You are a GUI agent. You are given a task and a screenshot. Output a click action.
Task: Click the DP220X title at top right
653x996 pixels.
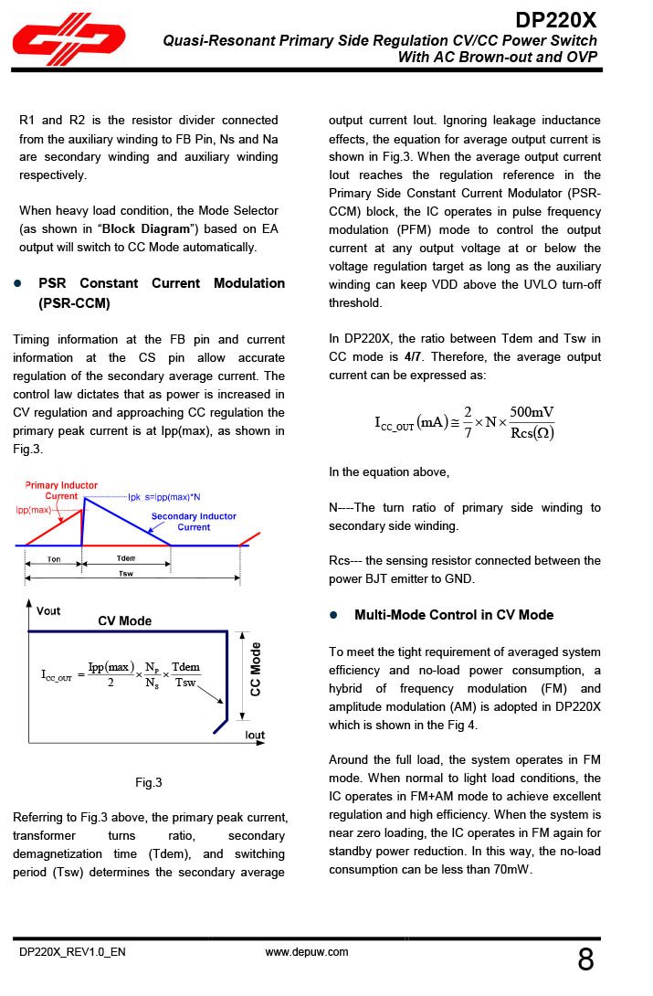point(556,19)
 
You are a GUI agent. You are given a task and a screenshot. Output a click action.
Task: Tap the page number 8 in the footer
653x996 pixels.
point(585,960)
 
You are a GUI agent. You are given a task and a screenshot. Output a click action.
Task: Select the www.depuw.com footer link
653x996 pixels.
point(307,951)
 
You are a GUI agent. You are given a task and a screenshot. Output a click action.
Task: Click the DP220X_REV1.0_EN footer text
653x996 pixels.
point(73,952)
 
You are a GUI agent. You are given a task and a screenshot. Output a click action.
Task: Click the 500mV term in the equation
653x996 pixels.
point(532,412)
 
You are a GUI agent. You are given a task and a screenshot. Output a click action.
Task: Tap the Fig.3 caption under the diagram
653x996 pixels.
point(148,782)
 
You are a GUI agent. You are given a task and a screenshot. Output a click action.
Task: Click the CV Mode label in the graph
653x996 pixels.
point(125,621)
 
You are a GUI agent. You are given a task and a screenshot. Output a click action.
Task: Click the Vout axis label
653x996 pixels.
point(48,610)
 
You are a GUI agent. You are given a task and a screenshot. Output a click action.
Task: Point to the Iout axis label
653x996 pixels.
point(255,735)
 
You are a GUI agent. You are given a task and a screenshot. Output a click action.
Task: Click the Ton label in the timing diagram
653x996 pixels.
point(54,559)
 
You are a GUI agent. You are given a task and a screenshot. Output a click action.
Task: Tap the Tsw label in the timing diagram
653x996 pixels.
point(125,574)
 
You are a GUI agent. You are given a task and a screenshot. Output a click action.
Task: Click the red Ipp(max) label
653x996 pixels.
point(34,509)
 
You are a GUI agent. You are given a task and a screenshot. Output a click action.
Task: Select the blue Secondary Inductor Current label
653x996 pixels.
point(193,522)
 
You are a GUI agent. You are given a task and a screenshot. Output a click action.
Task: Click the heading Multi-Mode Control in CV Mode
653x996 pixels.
point(453,615)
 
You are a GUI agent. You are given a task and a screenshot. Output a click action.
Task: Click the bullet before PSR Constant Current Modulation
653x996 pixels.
point(17,284)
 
